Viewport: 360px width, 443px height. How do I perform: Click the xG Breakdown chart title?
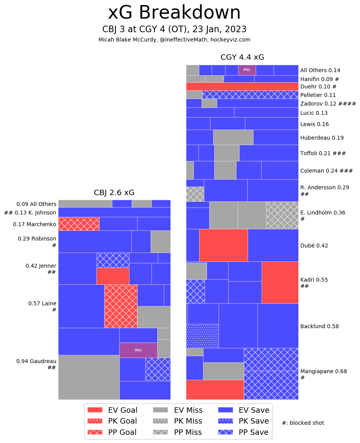pos(174,13)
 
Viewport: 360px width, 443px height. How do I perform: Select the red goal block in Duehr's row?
pos(242,87)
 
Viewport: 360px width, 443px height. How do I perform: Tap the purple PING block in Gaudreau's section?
pos(138,350)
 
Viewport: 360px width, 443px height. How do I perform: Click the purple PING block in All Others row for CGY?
pos(247,70)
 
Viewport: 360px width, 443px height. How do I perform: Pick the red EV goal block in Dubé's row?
pos(223,245)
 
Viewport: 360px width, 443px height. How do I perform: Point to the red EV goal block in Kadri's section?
pos(280,282)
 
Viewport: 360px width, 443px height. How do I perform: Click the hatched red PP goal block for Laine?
pos(121,306)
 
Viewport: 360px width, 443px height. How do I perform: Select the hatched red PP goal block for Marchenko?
pos(79,224)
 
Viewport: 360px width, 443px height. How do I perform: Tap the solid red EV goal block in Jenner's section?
pos(113,276)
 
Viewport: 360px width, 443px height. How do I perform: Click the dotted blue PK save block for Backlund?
pos(202,336)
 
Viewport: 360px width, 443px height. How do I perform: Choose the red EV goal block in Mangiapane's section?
pos(215,389)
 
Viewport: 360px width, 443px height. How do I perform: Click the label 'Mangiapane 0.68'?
pos(318,371)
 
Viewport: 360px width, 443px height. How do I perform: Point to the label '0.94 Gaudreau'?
pos(36,361)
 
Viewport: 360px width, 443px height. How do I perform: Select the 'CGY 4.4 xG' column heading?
pos(242,57)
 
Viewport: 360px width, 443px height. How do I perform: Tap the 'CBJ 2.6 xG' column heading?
pos(114,193)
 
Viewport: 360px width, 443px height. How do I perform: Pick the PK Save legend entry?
pos(243,421)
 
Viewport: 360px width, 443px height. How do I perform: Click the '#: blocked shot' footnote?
pos(303,423)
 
